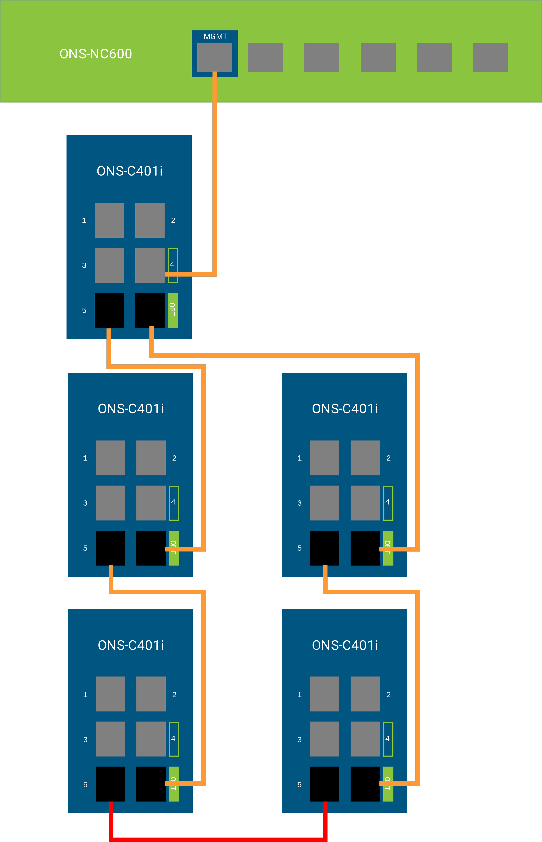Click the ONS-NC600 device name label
(x=96, y=54)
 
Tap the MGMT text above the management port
(x=215, y=37)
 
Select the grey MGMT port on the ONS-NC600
(x=214, y=57)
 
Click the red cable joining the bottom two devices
(x=218, y=839)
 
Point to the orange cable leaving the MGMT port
(x=215, y=169)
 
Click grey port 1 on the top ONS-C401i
(x=109, y=220)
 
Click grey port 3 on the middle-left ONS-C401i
(x=110, y=503)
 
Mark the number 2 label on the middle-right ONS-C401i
(x=388, y=458)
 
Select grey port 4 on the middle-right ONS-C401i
(x=365, y=503)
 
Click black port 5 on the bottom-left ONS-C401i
(x=110, y=784)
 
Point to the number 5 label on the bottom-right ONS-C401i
(x=299, y=785)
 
